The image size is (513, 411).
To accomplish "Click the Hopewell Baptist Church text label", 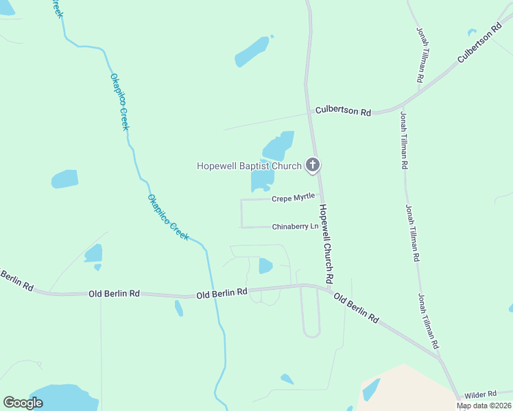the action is pos(249,166).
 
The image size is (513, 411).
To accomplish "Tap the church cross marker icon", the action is pos(313,164).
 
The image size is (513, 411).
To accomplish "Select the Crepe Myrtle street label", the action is pos(293,198).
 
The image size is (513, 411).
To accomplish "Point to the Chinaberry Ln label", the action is pos(296,226).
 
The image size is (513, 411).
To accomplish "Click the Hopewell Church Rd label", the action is pos(326,245).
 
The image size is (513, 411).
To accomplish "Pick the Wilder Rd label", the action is pos(480,395).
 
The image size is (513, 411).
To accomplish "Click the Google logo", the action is pos(23,403).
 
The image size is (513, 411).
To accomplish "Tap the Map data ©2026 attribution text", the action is pos(484,406).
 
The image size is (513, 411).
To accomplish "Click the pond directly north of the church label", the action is pos(278,146).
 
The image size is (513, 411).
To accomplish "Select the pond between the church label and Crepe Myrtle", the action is pos(262,181).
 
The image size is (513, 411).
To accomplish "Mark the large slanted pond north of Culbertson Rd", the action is pos(252,51).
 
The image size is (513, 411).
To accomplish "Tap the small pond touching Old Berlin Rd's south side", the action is pos(179,308).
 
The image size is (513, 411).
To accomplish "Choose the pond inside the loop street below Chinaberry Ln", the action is pos(265,265).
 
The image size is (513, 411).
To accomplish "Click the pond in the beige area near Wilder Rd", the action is pos(371,389).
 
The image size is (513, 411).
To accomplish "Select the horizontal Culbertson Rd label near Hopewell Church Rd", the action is pos(343,111).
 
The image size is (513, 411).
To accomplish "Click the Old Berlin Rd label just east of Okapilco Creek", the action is pos(222,292).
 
